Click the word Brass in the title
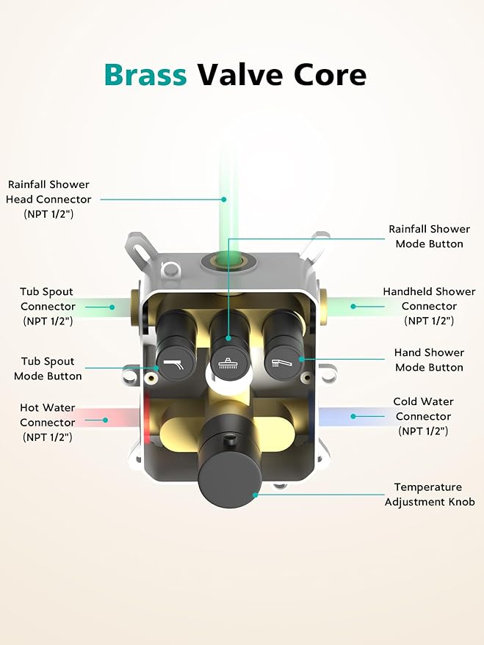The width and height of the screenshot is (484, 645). coord(145,74)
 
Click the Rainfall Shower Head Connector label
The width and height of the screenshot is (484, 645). coord(48,199)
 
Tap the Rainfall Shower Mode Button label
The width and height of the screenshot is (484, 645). coord(429,236)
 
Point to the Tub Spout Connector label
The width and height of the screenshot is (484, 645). coord(48,306)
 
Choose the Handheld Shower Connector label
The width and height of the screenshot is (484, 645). coord(429,306)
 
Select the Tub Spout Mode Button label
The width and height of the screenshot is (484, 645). coord(48,368)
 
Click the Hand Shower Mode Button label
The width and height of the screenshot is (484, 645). coord(429,360)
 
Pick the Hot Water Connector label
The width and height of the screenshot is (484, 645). coord(47,422)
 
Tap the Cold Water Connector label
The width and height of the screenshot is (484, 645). coord(423,416)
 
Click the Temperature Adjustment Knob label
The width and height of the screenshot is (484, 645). coord(429,494)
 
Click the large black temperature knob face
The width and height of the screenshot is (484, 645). coord(229,480)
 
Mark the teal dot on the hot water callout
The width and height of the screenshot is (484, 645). coord(105,420)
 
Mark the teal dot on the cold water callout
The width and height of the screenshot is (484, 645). coord(353,416)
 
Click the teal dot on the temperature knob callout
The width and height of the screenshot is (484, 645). coord(255,495)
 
